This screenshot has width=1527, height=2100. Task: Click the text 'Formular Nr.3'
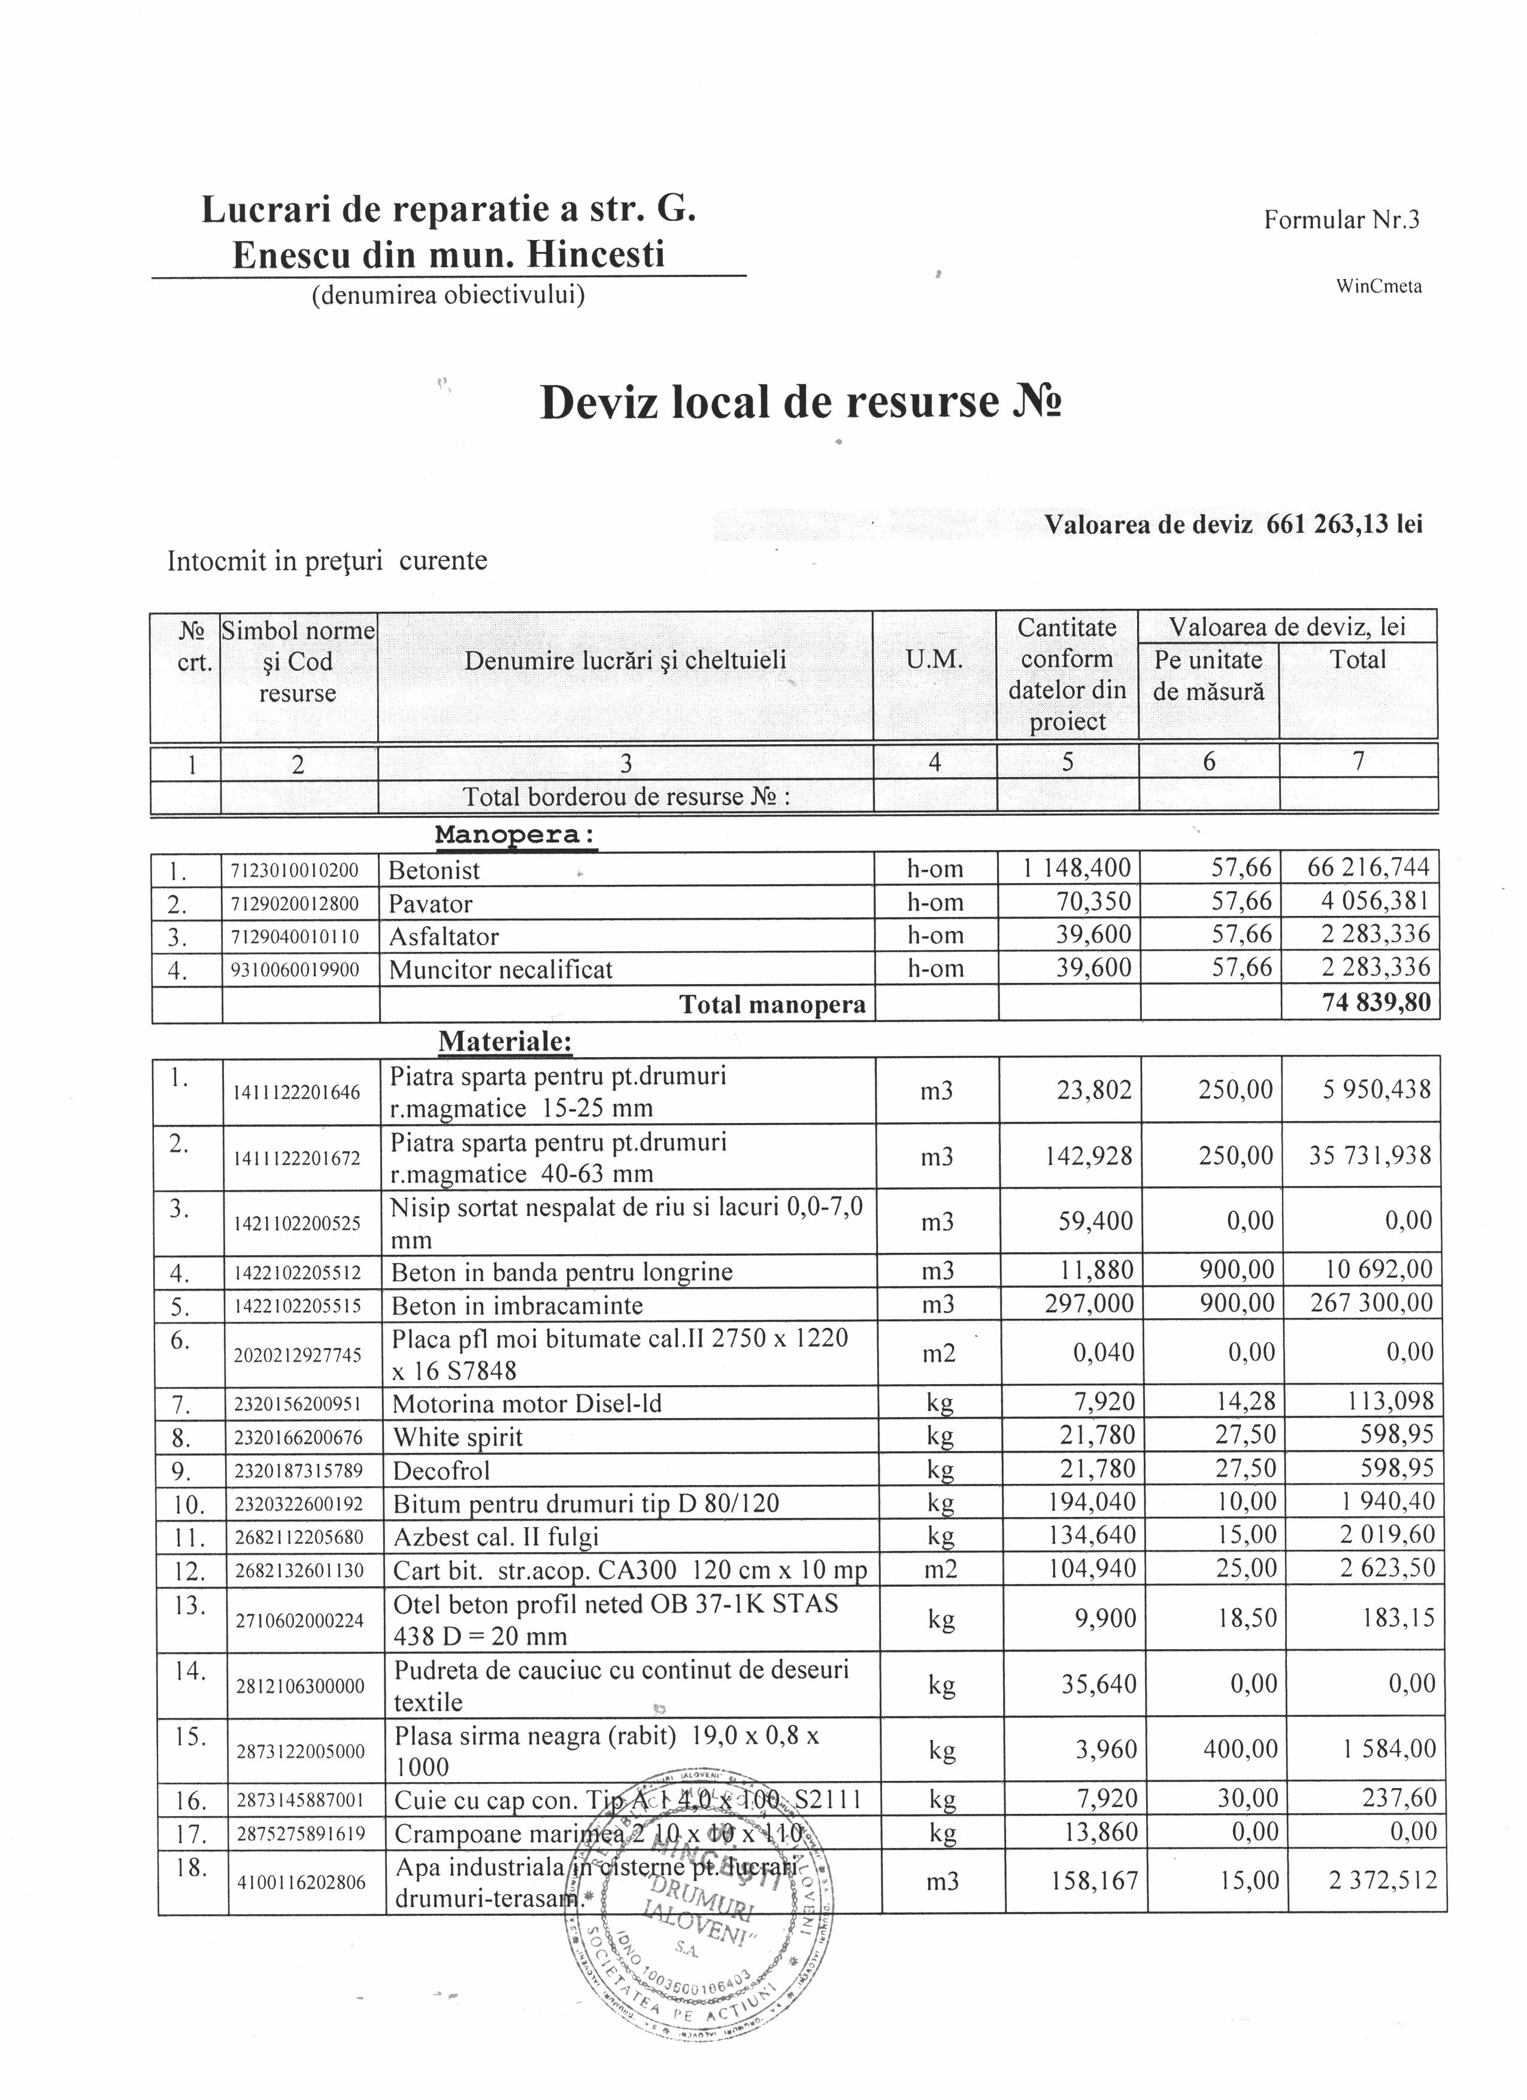[1341, 220]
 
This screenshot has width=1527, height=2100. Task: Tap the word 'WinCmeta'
[1378, 287]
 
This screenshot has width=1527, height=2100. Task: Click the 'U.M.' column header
[934, 660]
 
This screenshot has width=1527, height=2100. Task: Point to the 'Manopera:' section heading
[516, 835]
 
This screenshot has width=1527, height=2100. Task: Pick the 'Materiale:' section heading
[505, 1042]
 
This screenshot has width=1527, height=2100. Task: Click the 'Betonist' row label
[434, 870]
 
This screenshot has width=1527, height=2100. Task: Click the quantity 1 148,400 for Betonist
[1077, 869]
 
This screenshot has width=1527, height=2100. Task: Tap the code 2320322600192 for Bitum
[299, 1504]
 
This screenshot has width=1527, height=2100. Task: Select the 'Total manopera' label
[772, 1005]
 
